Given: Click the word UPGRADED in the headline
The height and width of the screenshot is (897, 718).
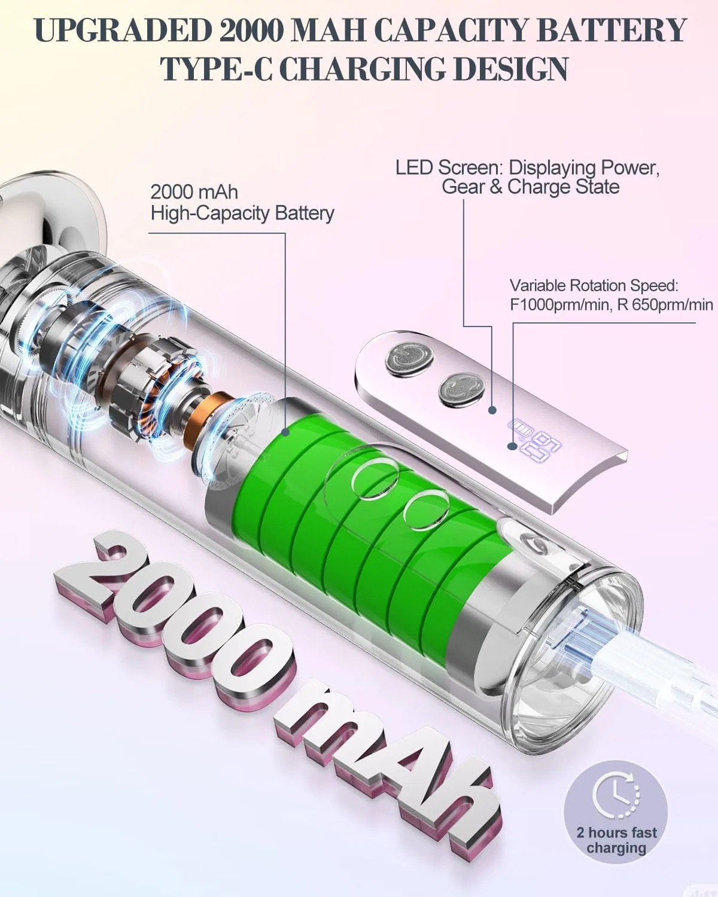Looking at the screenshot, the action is tap(123, 30).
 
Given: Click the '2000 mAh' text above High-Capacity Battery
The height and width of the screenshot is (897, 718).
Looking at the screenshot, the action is tap(194, 192).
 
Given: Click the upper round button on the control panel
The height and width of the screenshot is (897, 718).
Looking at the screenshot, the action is tap(408, 358).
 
